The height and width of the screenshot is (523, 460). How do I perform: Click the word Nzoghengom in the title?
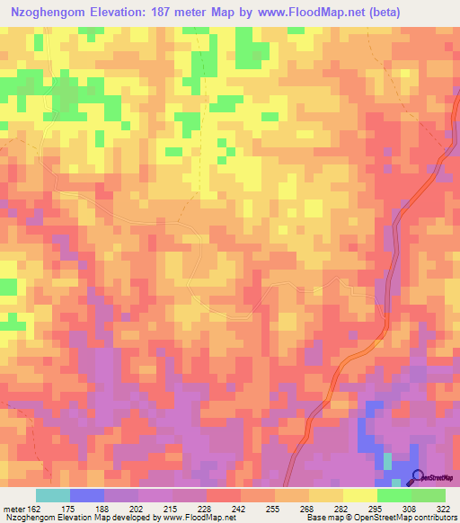[x=44, y=12]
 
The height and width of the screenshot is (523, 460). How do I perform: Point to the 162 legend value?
[x=33, y=508]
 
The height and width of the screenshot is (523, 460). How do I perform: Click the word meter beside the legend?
[x=13, y=508]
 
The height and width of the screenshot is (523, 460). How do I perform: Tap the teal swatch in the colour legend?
[x=52, y=495]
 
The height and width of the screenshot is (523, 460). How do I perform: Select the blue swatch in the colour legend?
[x=86, y=495]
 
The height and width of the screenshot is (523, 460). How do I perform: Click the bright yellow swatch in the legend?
[x=360, y=495]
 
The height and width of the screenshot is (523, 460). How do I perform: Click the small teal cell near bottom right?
[x=388, y=460]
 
